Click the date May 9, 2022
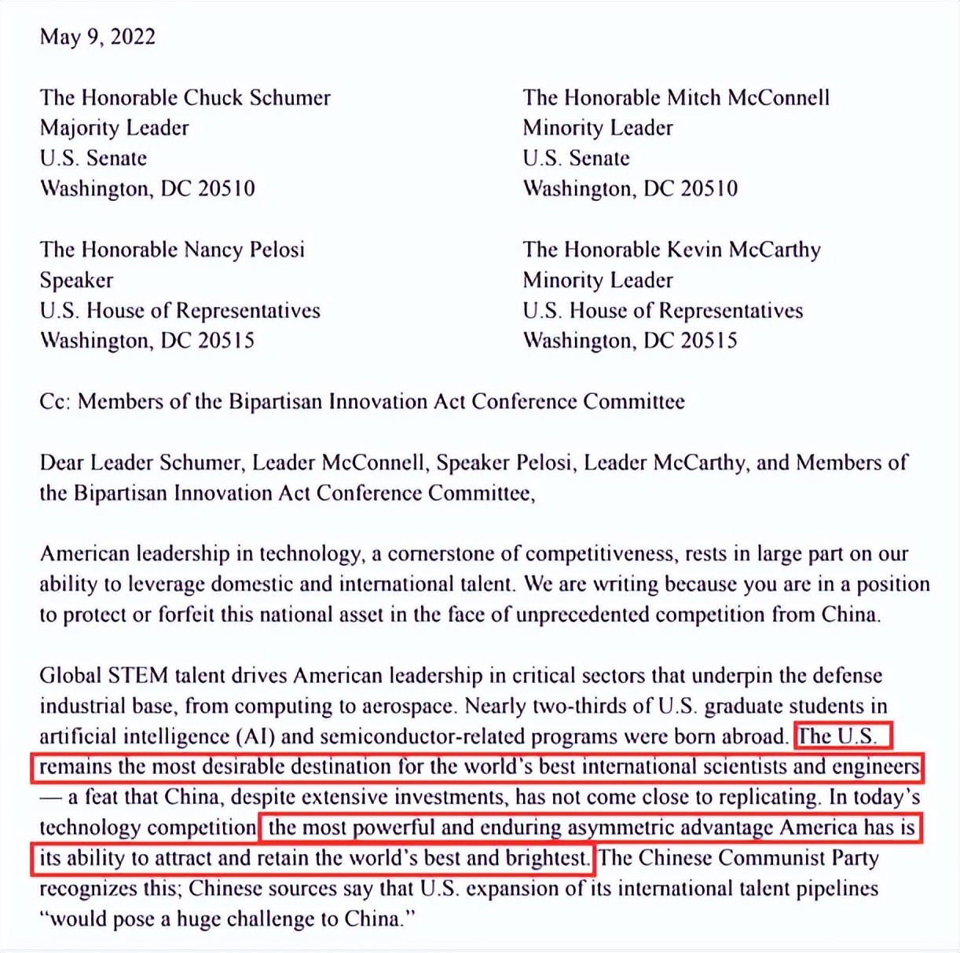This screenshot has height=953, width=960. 97,37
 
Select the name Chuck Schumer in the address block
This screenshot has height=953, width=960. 257,97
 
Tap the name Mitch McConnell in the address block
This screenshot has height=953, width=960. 748,97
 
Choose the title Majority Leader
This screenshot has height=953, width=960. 115,128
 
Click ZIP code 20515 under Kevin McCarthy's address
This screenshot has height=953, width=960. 709,341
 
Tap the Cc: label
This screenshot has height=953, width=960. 56,402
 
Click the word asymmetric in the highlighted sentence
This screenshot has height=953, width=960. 621,827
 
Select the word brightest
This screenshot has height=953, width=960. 548,858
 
